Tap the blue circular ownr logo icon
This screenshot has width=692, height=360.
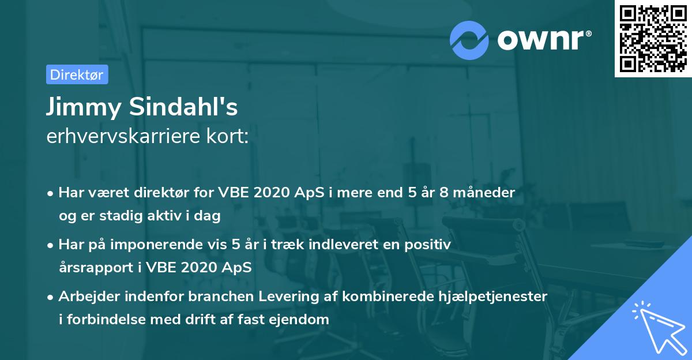click(469, 39)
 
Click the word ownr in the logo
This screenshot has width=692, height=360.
click(544, 39)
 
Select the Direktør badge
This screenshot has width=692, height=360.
click(77, 74)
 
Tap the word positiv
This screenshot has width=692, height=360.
click(430, 245)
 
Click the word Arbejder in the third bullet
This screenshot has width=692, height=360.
click(85, 297)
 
